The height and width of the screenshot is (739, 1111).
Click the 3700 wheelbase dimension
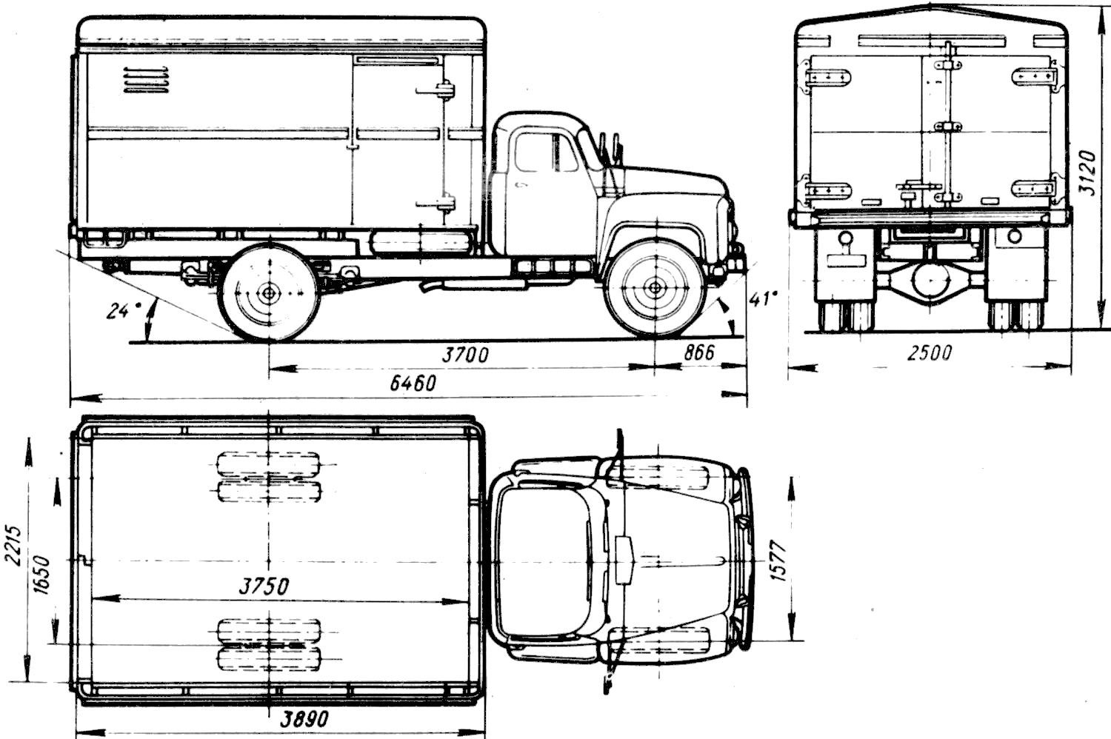464,355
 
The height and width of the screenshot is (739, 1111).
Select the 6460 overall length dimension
413,383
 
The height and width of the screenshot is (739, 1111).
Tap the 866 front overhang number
699,352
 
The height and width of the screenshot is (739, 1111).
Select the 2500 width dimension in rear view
930,353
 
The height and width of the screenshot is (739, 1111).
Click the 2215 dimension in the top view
13,545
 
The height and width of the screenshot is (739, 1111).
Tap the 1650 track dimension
42,575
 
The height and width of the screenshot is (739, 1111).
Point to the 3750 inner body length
264,586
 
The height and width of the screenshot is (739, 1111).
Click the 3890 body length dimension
304,719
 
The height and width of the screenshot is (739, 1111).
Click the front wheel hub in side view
655,287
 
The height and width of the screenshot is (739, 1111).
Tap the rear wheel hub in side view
269,292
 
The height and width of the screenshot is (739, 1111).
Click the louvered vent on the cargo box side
146,81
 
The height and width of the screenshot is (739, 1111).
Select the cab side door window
546,151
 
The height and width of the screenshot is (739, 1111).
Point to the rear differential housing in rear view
931,281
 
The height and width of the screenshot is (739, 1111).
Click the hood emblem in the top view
625,560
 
